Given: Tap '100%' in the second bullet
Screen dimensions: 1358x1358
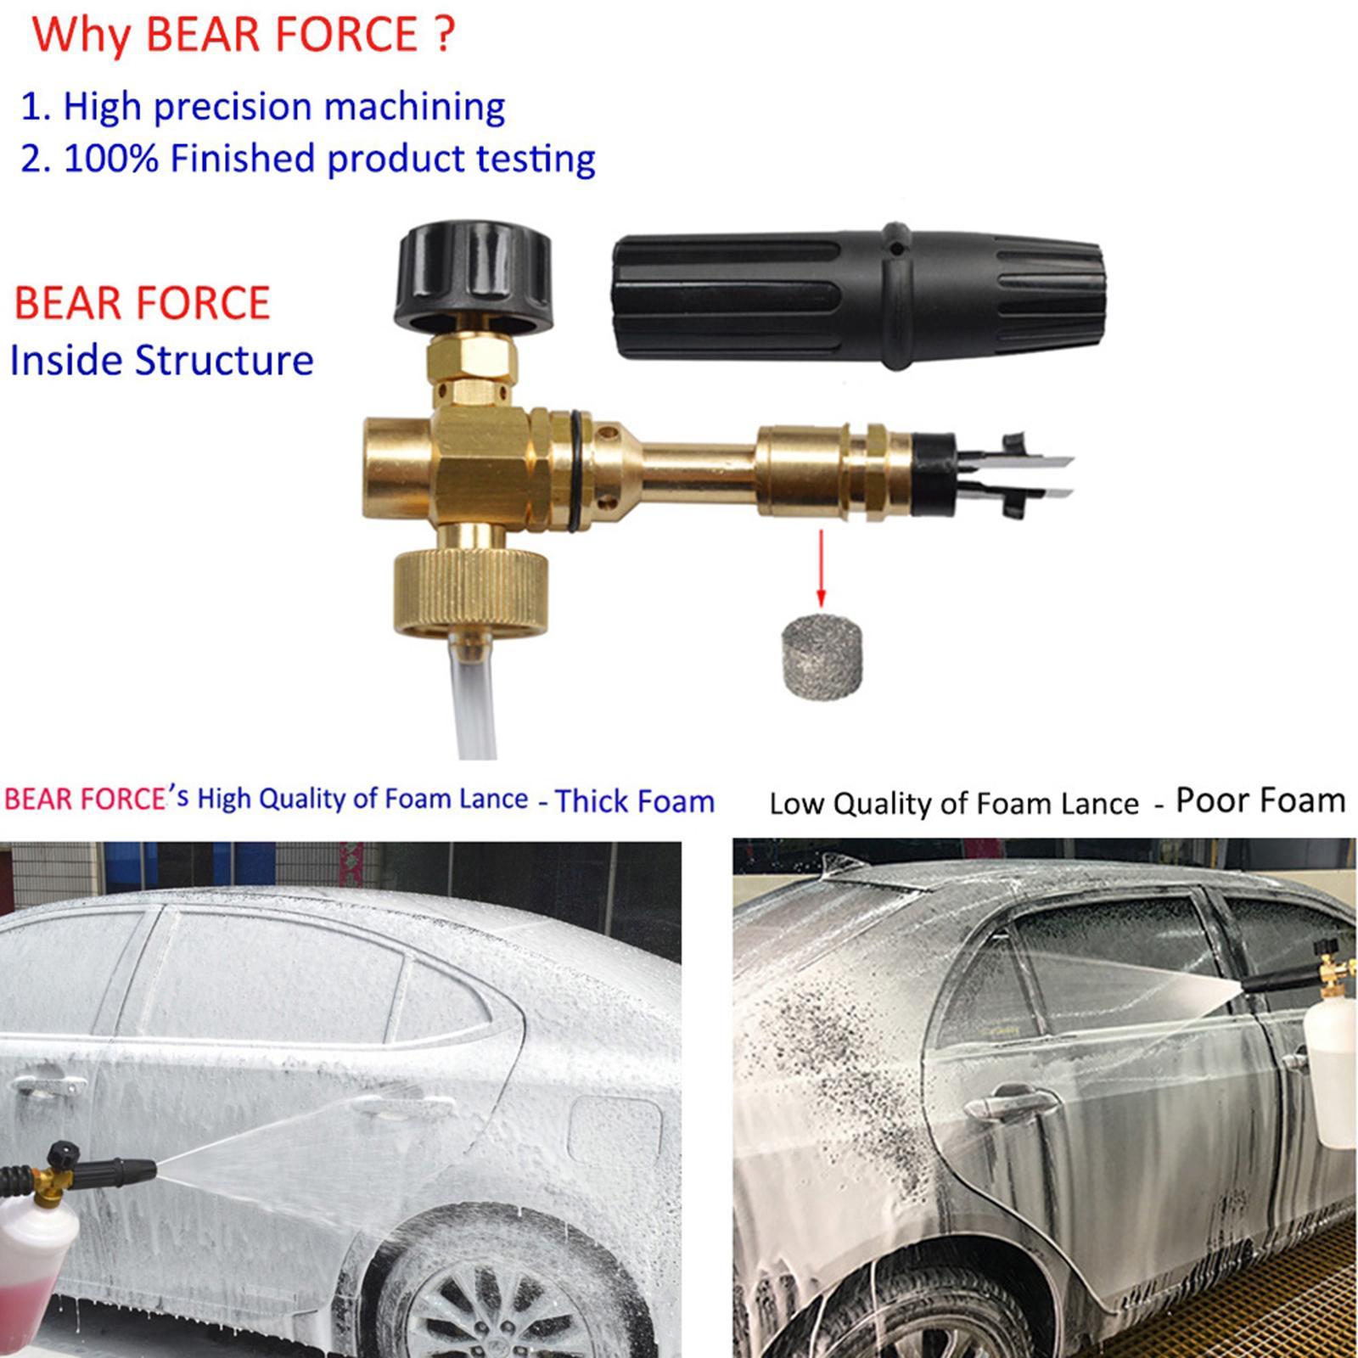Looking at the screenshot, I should pos(110,159).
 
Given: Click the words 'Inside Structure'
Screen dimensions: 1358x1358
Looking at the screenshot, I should pos(161,360).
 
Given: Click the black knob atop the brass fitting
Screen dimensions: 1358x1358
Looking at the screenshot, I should pos(473,277).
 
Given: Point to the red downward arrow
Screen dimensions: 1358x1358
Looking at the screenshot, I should pos(821,569).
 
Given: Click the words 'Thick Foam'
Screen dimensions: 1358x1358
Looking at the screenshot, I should pos(635,801).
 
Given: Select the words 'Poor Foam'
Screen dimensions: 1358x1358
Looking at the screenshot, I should pos(1260,800).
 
